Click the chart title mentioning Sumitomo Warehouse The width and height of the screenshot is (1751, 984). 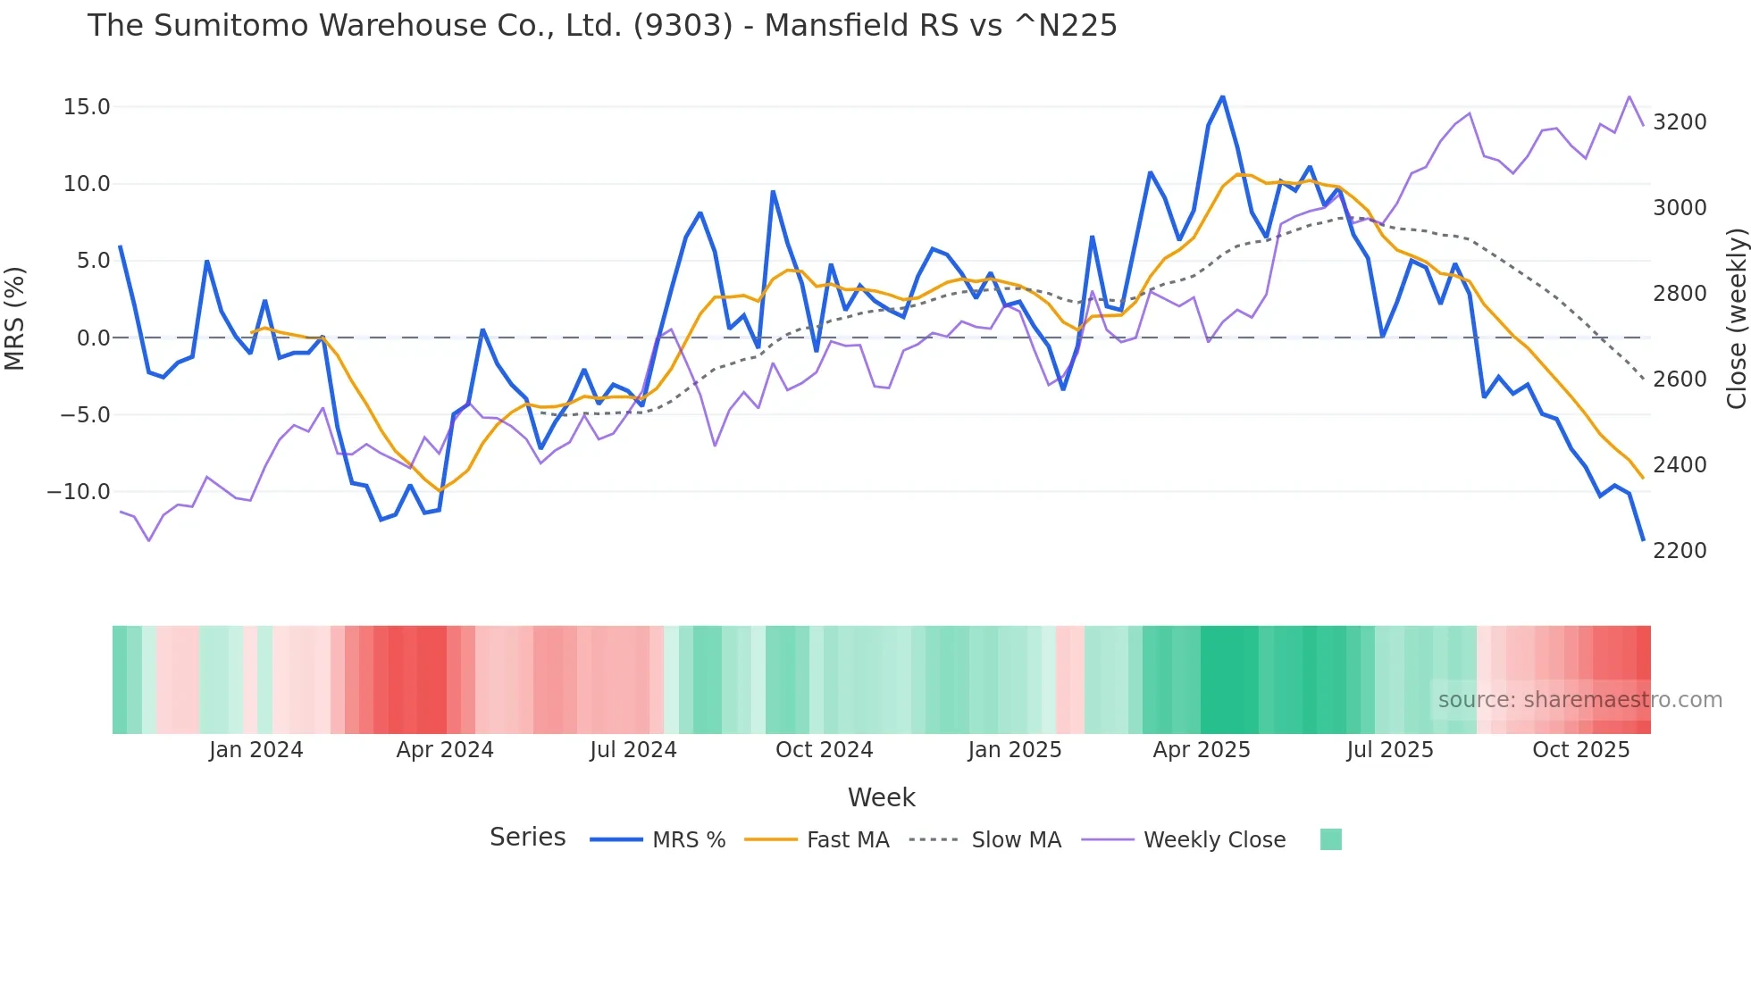pyautogui.click(x=601, y=26)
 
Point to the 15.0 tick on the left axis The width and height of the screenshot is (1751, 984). pyautogui.click(x=87, y=107)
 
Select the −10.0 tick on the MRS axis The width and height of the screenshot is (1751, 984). pyautogui.click(x=79, y=492)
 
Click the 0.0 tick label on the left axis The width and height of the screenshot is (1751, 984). pyautogui.click(x=93, y=338)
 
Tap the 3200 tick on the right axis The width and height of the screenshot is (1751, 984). pyautogui.click(x=1680, y=122)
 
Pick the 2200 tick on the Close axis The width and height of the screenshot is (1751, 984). pyautogui.click(x=1680, y=551)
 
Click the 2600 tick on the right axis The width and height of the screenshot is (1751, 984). pyautogui.click(x=1680, y=379)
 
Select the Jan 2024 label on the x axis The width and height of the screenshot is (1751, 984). pyautogui.click(x=256, y=750)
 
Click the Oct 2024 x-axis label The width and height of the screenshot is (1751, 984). pyautogui.click(x=824, y=750)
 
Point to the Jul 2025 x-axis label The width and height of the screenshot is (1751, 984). pyautogui.click(x=1389, y=750)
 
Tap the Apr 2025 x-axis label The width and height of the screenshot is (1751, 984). pyautogui.click(x=1202, y=750)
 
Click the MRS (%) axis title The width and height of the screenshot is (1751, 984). pyautogui.click(x=15, y=319)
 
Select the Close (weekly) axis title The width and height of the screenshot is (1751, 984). pyautogui.click(x=1736, y=319)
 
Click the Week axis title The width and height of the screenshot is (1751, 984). pyautogui.click(x=881, y=797)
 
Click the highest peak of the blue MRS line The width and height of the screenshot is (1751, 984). pyautogui.click(x=1223, y=96)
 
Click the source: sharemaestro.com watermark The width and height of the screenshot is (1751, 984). pyautogui.click(x=1579, y=700)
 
